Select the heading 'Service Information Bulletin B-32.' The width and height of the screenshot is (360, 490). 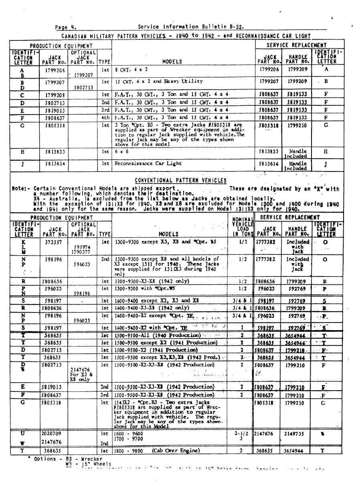pos(193,27)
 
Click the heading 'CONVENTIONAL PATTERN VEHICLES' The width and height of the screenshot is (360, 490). pos(180,181)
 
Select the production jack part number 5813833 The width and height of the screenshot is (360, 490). pos(53,152)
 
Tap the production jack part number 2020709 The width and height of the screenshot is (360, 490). pos(51,434)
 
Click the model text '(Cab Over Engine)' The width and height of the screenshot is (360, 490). pos(175,451)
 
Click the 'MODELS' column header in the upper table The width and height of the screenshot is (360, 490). pos(172,62)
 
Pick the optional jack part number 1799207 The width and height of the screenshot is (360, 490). pos(83,75)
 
